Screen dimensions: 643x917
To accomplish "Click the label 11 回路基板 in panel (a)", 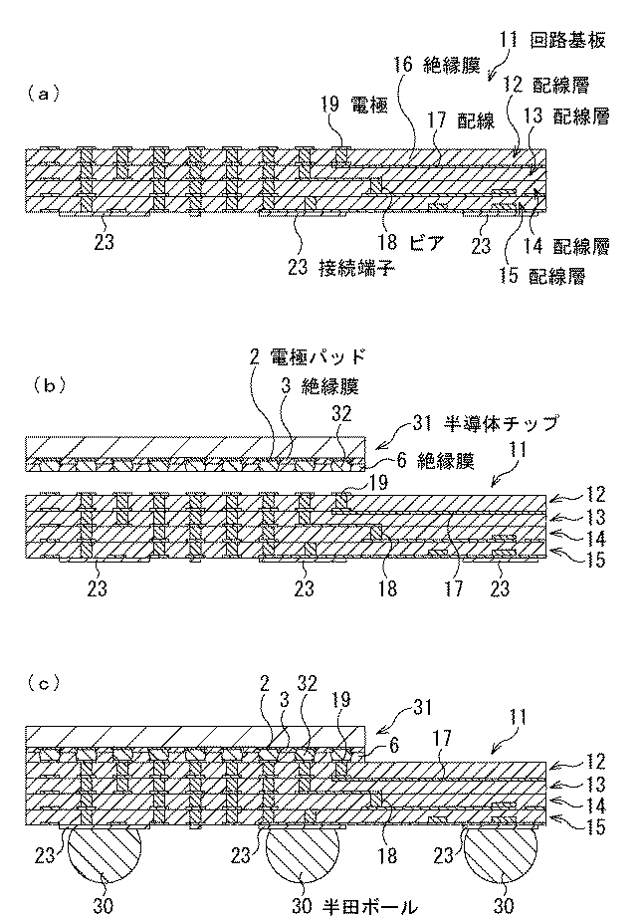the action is pos(553,41).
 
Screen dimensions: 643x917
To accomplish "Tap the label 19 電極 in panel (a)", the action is pos(354,106).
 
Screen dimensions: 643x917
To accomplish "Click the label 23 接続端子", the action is pos(341,268).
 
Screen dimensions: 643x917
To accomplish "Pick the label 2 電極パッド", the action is pos(308,356).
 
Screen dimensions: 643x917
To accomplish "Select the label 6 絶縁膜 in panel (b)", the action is pos(436,461).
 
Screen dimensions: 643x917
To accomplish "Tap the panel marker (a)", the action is pos(43,94).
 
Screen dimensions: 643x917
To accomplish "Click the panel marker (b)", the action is pos(43,385).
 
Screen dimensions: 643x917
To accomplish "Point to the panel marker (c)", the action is pos(43,683).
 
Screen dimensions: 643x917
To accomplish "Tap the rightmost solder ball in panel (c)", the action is pos(501,854).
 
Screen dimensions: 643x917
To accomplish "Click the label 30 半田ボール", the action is pos(354,906).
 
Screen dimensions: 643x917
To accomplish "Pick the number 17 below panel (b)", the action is pos(453,587).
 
